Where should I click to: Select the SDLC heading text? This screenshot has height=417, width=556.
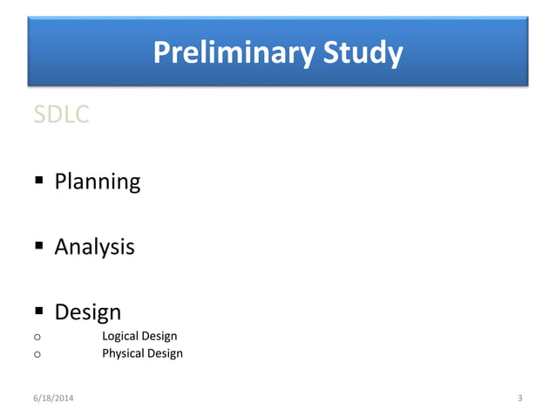click(x=61, y=114)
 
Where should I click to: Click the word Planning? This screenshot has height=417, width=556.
click(x=97, y=182)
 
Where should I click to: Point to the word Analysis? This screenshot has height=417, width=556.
click(x=94, y=247)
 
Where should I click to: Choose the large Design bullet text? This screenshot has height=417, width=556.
click(x=87, y=311)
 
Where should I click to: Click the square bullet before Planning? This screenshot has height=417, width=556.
click(x=38, y=181)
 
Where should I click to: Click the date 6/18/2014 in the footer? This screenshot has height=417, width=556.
click(x=54, y=399)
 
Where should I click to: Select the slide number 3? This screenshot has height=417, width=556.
click(x=519, y=399)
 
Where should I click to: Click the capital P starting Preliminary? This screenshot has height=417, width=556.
click(x=161, y=54)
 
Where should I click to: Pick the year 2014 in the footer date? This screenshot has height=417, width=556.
click(x=64, y=399)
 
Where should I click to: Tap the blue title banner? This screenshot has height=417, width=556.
click(x=471, y=52)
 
